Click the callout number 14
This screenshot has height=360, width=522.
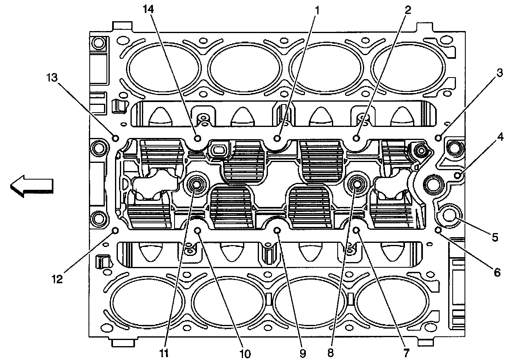[x=148, y=9]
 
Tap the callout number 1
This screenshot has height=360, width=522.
[x=317, y=10]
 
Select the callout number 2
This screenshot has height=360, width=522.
[x=407, y=10]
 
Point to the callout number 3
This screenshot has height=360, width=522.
[x=499, y=73]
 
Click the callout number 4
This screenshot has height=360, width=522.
[x=500, y=137]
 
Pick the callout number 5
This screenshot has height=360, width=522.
[x=495, y=238]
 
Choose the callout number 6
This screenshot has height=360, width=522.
[x=497, y=272]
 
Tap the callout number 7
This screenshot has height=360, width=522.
[x=406, y=353]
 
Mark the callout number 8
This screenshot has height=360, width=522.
[x=330, y=353]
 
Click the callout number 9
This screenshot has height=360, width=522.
[x=303, y=354]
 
